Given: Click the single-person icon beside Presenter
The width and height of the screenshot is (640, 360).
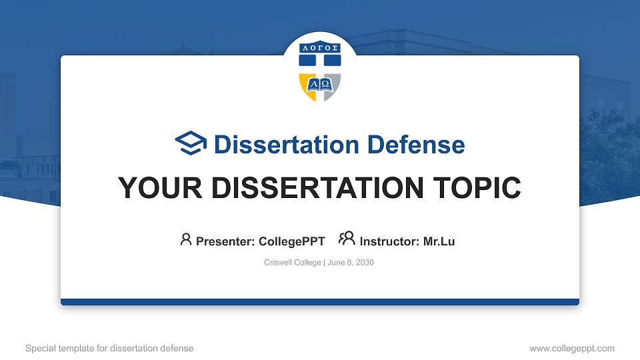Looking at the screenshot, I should click(x=186, y=239).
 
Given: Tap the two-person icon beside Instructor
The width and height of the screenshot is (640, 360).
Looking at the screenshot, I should click(x=346, y=239).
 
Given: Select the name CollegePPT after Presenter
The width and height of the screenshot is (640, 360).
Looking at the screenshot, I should click(x=291, y=241).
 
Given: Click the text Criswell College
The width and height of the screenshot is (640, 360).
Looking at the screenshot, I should click(x=293, y=263).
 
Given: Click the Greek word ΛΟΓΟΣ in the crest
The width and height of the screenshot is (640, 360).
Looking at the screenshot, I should click(x=320, y=48).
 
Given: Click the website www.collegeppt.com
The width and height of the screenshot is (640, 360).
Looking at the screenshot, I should click(x=571, y=348).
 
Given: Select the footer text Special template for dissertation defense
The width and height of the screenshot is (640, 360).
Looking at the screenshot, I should click(x=109, y=348).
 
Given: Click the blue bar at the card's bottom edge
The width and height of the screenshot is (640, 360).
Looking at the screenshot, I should click(x=320, y=302).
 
